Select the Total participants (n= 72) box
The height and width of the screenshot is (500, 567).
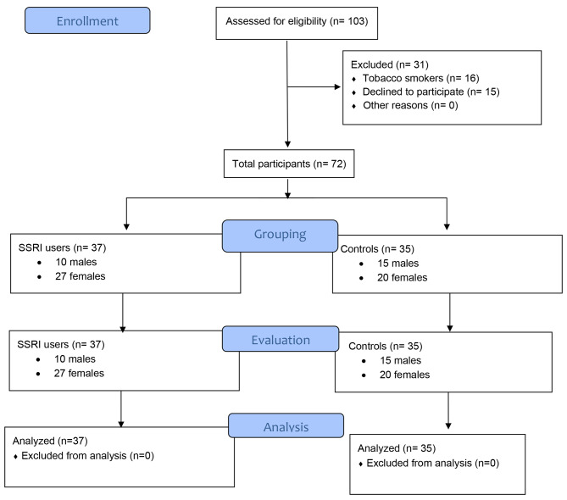click(x=288, y=162)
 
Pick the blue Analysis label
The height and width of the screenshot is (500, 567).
click(x=286, y=426)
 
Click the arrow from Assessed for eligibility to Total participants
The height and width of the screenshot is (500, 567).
click(x=289, y=102)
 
